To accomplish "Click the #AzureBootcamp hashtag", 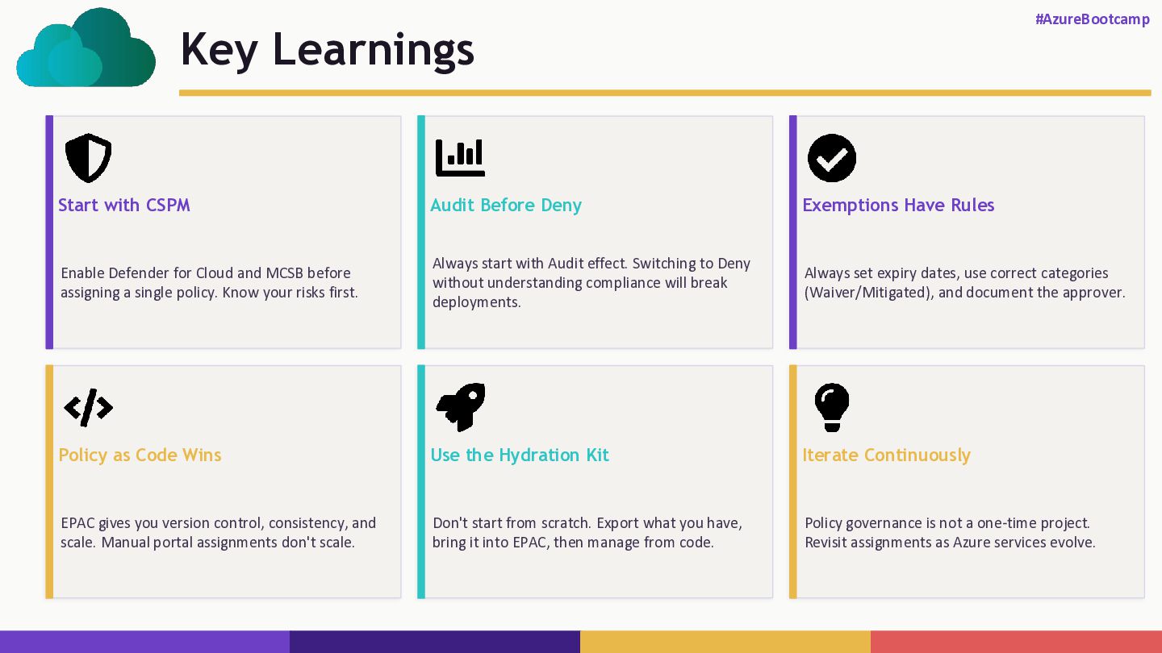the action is (1093, 19).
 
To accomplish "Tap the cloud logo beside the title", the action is (86, 48).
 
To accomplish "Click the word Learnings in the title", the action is (373, 50).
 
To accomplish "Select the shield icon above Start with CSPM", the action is (88, 158).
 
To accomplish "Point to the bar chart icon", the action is (460, 158).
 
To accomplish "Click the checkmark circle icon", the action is (832, 158).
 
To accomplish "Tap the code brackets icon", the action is (88, 408).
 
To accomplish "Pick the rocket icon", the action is (461, 407).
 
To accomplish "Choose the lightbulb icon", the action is (832, 407).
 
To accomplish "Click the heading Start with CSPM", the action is (124, 206).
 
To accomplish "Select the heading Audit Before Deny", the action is (506, 206).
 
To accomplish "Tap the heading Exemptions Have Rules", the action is (898, 206).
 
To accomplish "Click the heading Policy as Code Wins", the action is (140, 455).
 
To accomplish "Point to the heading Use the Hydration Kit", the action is (520, 455).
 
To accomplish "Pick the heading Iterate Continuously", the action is (887, 455).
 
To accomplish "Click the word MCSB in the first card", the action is (284, 273).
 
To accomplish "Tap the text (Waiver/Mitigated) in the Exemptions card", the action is (869, 293).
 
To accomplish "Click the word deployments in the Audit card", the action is (477, 302).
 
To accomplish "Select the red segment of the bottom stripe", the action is (1016, 642).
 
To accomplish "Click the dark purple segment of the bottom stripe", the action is (435, 642).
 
